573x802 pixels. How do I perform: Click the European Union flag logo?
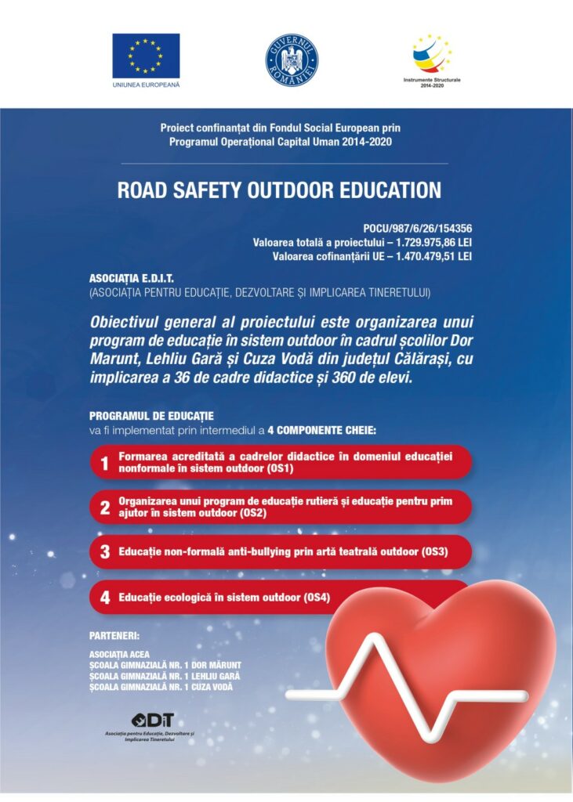click(x=146, y=55)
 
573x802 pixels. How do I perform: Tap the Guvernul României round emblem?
click(x=292, y=60)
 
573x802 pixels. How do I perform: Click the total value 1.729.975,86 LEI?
click(x=422, y=243)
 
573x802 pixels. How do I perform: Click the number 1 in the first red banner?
click(x=104, y=463)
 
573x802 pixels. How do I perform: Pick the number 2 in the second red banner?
click(x=104, y=508)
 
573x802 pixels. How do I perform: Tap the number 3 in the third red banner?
click(x=104, y=552)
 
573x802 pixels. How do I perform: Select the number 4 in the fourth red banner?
click(x=104, y=598)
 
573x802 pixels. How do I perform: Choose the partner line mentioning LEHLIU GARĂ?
click(x=165, y=676)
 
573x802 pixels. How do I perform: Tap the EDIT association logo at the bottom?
click(x=154, y=721)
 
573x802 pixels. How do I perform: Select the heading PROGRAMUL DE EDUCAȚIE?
click(x=151, y=416)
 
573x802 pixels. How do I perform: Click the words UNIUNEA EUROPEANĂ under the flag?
click(x=146, y=84)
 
